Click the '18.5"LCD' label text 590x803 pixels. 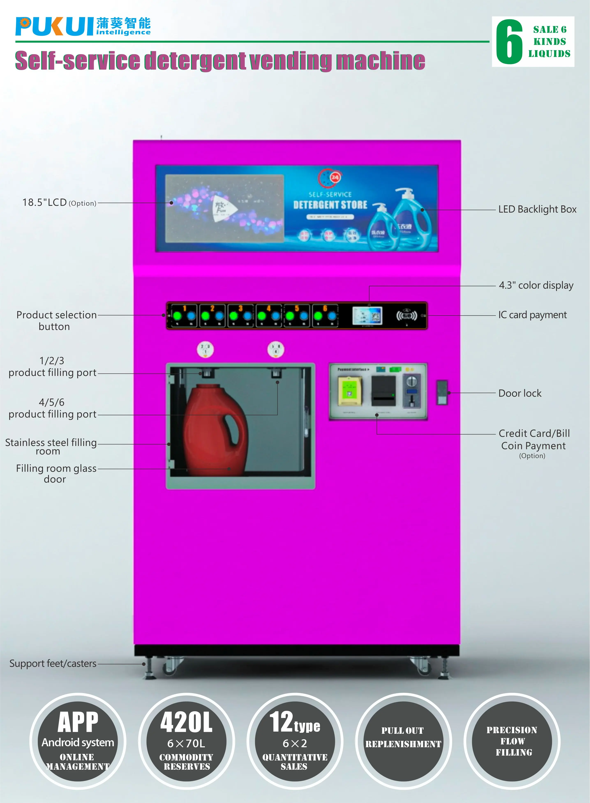click(x=45, y=203)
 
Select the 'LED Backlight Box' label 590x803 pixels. click(x=537, y=209)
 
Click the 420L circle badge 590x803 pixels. click(x=186, y=741)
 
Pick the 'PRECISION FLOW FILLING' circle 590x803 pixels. click(x=512, y=741)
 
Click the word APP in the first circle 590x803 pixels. click(x=78, y=722)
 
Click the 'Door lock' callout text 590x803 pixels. click(x=520, y=393)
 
